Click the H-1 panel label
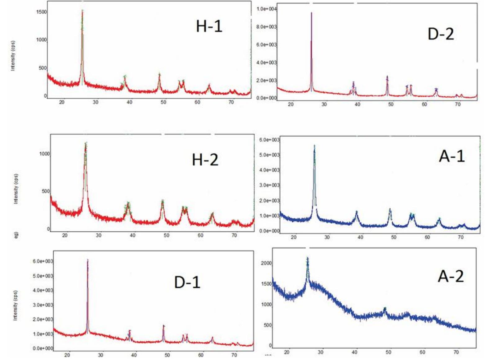pyautogui.click(x=209, y=26)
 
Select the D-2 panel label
pyautogui.click(x=441, y=34)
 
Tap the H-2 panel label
pyautogui.click(x=205, y=160)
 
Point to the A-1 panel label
pyautogui.click(x=452, y=156)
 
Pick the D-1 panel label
pyautogui.click(x=187, y=282)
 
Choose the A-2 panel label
pyautogui.click(x=451, y=276)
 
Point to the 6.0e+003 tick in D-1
pyautogui.click(x=43, y=261)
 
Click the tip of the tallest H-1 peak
pyautogui.click(x=82, y=11)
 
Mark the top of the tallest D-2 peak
pyautogui.click(x=311, y=13)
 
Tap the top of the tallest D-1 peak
pyautogui.click(x=88, y=260)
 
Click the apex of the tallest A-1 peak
pyautogui.click(x=314, y=145)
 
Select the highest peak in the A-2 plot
pyautogui.click(x=308, y=258)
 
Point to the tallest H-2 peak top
pyautogui.click(x=86, y=143)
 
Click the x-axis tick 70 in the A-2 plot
pyautogui.click(x=456, y=352)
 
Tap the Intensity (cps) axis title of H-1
pyautogui.click(x=13, y=56)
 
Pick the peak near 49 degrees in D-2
pyautogui.click(x=387, y=77)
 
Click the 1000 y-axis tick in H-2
pyautogui.click(x=44, y=154)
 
